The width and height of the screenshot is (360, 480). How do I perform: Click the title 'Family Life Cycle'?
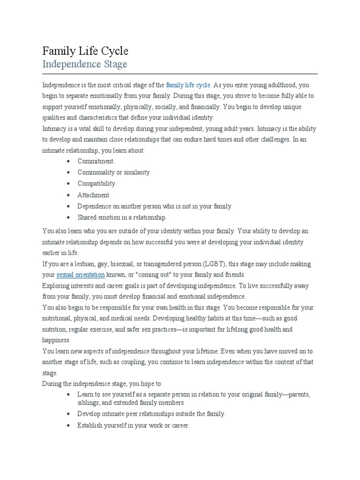85,51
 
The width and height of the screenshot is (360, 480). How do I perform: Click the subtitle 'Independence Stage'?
84,64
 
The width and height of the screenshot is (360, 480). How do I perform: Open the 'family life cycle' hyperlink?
188,85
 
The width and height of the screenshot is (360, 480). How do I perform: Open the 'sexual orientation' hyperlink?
80,275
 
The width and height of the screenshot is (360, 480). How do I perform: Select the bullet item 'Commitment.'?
96,161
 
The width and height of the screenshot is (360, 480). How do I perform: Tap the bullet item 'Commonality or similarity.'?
114,172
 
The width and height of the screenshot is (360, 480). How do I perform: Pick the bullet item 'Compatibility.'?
97,184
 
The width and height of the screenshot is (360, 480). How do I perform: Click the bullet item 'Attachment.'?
94,195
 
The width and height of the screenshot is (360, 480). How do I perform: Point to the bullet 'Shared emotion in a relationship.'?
122,217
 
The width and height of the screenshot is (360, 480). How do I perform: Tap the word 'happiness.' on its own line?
56,340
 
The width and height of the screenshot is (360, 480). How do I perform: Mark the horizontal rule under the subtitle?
180,74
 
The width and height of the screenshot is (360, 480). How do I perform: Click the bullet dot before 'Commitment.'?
68,161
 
